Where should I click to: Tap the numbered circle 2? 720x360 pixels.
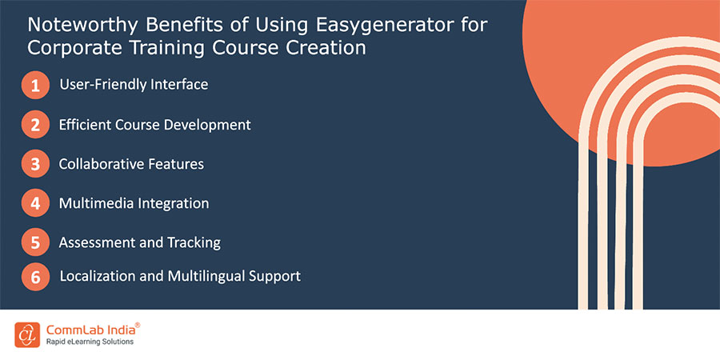pos(35,125)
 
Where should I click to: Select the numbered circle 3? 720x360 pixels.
pos(35,164)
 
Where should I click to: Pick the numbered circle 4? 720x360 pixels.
pos(35,203)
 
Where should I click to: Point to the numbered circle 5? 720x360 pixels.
pos(35,242)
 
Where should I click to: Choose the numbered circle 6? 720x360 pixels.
pos(35,277)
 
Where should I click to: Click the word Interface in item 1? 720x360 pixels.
pos(179,84)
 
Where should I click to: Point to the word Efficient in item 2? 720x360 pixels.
pos(86,125)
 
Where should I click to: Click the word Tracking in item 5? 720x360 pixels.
pos(192,242)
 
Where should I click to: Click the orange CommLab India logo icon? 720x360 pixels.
pos(27,334)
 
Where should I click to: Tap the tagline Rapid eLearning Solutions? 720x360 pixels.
pos(87,342)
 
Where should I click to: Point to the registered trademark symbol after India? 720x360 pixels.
pos(138,325)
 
